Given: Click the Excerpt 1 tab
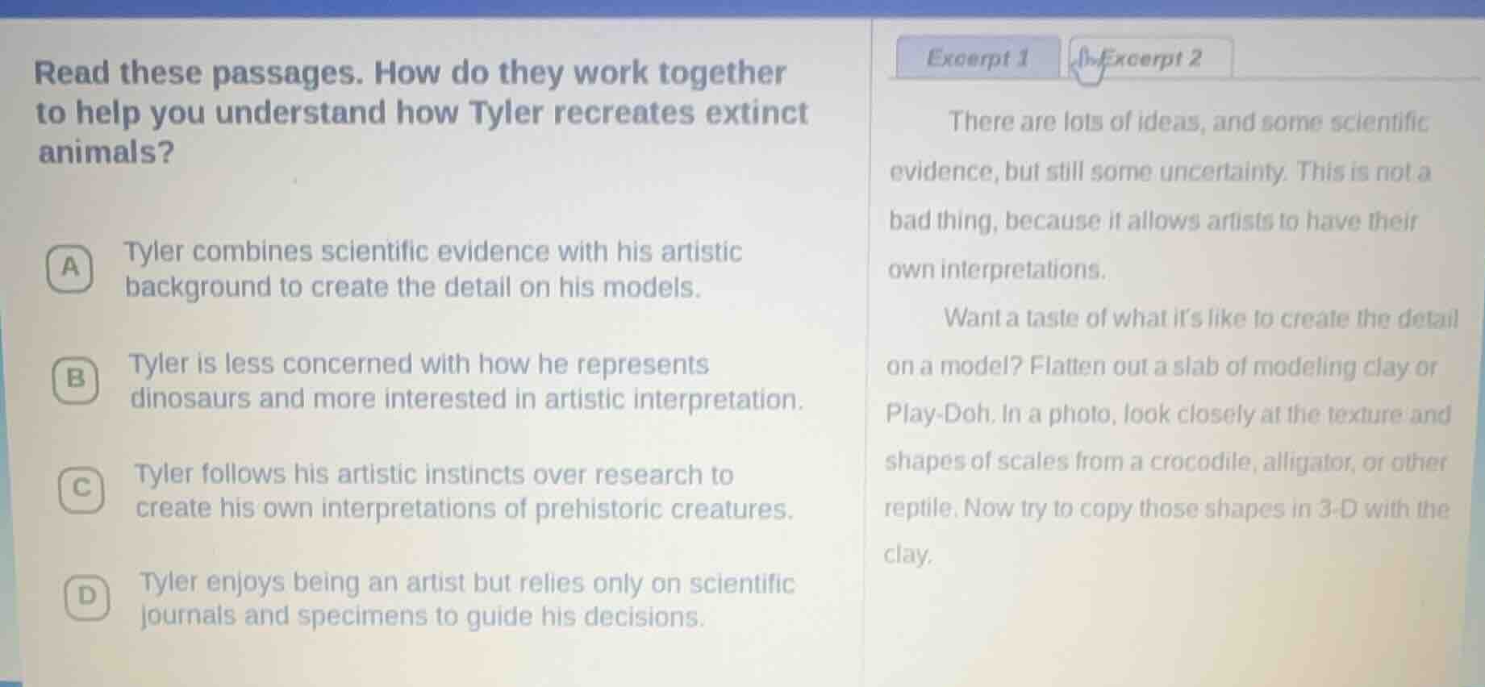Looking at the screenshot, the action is [978, 58].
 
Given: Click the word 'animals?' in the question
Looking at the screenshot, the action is [106, 152].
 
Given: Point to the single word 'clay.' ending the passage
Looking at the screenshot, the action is [908, 556].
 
